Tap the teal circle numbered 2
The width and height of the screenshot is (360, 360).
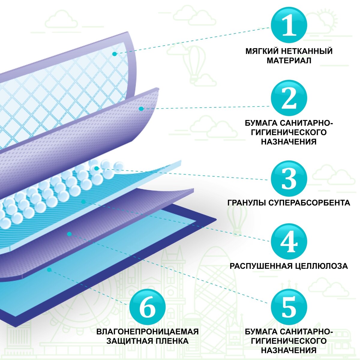coord(289,98)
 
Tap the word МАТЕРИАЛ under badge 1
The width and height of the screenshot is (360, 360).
coord(289,61)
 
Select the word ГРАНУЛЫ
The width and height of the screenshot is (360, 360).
coord(246,203)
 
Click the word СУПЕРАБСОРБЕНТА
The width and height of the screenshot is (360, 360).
coord(309,203)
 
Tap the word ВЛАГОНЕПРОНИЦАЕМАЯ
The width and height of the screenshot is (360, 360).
coord(147,331)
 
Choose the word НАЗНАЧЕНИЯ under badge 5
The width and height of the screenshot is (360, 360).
coord(289,350)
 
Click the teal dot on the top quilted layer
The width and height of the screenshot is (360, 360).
coord(114,54)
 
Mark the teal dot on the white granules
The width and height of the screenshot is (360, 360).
coord(96,169)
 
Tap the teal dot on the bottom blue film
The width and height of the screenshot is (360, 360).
coord(49,270)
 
